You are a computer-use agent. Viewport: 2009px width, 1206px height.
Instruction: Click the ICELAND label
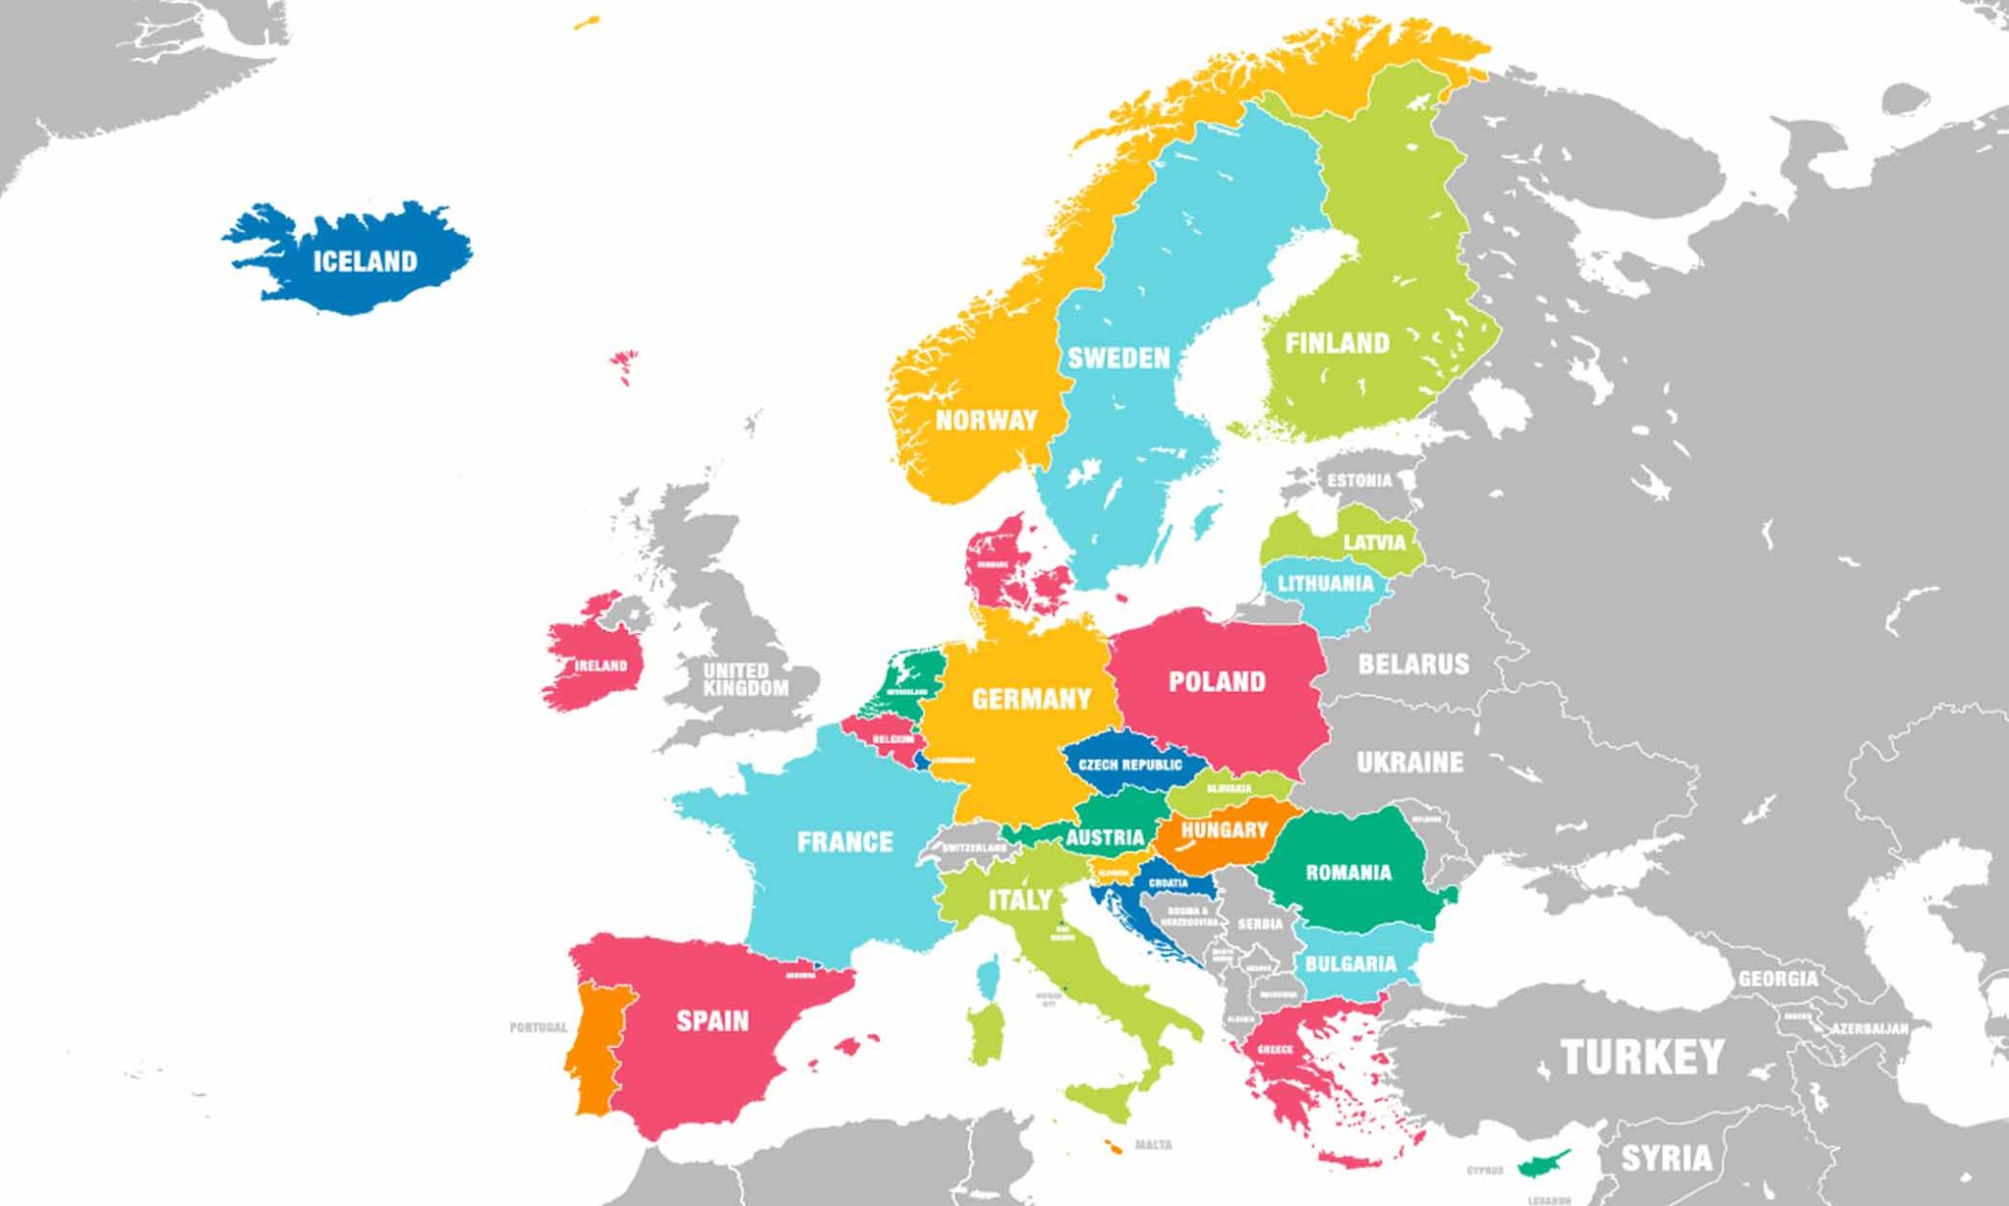click(365, 261)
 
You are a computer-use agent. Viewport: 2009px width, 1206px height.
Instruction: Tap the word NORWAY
click(986, 421)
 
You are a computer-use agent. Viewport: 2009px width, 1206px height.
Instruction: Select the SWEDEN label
click(1118, 358)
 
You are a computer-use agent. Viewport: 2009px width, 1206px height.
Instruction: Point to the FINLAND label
click(1337, 343)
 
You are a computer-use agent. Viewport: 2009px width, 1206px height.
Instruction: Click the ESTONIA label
click(1359, 481)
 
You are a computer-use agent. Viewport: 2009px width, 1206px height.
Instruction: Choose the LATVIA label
click(1374, 543)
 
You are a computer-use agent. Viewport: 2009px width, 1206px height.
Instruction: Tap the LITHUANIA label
click(1325, 584)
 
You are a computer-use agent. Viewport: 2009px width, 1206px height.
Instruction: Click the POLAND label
click(1216, 682)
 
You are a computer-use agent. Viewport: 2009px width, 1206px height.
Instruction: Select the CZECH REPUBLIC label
click(1130, 764)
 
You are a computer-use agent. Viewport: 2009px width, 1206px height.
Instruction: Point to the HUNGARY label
click(1224, 830)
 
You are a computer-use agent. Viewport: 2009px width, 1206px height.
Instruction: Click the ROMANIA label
click(1348, 872)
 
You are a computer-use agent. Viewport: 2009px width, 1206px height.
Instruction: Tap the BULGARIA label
click(1350, 964)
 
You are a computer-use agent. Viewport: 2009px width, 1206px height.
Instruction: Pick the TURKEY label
click(1641, 1057)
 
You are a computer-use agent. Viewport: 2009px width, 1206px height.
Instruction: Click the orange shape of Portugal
click(594, 1050)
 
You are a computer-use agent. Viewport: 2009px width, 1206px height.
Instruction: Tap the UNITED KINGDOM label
click(745, 679)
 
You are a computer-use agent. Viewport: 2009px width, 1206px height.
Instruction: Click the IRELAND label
click(600, 665)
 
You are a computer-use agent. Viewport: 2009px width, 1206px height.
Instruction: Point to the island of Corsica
click(989, 977)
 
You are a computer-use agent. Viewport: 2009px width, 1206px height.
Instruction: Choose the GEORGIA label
click(1777, 978)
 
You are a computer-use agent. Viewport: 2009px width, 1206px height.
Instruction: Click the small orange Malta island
click(1113, 1147)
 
